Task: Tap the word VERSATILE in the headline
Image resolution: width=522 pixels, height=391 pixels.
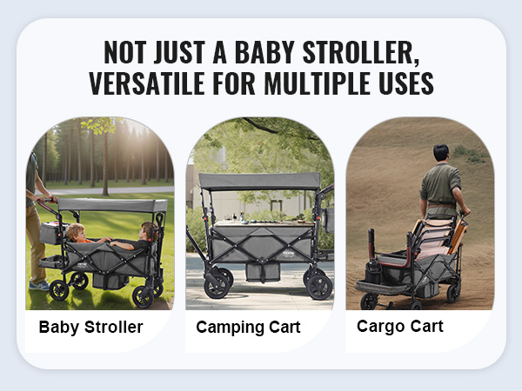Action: pyautogui.click(x=146, y=83)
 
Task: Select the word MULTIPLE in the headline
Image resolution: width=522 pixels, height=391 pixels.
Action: pyautogui.click(x=317, y=83)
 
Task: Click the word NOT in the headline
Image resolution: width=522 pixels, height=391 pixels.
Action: pyautogui.click(x=124, y=52)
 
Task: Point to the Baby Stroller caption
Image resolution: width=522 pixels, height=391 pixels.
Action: pyautogui.click(x=90, y=327)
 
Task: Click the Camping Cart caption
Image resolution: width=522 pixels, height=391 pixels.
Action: pyautogui.click(x=248, y=328)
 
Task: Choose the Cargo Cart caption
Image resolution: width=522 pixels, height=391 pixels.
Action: pyautogui.click(x=400, y=327)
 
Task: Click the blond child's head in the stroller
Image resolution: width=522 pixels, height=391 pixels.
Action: pyautogui.click(x=76, y=231)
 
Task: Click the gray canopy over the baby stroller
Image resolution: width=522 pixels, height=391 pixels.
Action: pyautogui.click(x=112, y=205)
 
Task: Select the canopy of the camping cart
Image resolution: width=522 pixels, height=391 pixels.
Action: pyautogui.click(x=259, y=182)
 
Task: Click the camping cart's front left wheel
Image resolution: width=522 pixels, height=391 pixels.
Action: pyautogui.click(x=217, y=285)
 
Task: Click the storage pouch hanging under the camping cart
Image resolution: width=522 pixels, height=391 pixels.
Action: pyautogui.click(x=263, y=272)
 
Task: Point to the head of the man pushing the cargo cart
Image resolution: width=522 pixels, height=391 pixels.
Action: pyautogui.click(x=441, y=153)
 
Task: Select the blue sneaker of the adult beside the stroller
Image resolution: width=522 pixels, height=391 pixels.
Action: pyautogui.click(x=39, y=285)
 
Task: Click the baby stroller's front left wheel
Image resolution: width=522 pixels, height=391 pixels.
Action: pyautogui.click(x=59, y=290)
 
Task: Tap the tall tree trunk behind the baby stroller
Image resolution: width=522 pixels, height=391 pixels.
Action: pyautogui.click(x=105, y=163)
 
